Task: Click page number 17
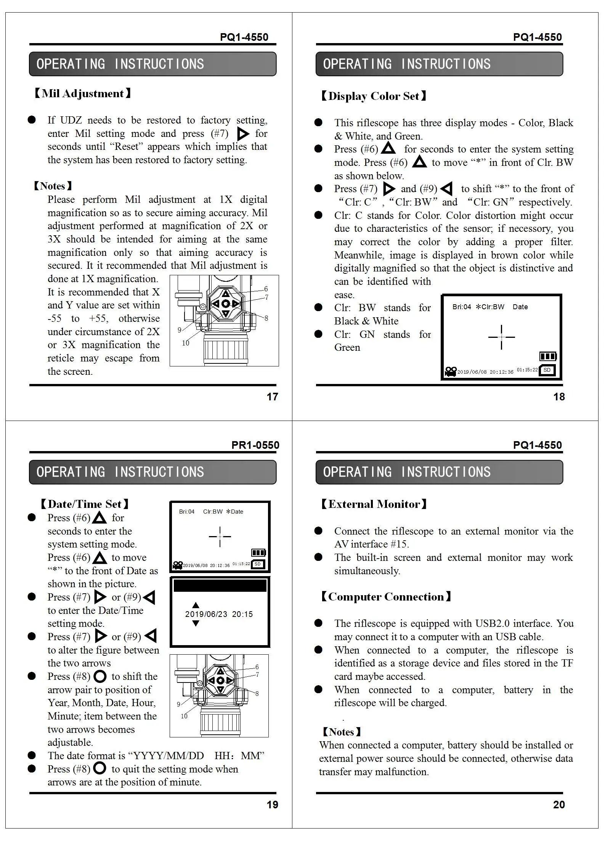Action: point(272,397)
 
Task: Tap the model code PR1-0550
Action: point(255,445)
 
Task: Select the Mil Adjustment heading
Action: point(83,93)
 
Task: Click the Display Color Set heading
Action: point(373,96)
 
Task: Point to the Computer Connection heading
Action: point(386,596)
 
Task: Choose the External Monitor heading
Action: point(374,504)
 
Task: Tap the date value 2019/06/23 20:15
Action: point(219,614)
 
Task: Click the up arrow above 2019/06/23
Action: point(196,605)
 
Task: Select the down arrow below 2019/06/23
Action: point(196,623)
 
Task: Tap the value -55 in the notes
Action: point(55,318)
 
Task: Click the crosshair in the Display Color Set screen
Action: point(501,337)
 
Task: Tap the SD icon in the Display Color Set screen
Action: point(547,370)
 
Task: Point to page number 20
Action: point(559,805)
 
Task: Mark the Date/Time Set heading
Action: point(85,504)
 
